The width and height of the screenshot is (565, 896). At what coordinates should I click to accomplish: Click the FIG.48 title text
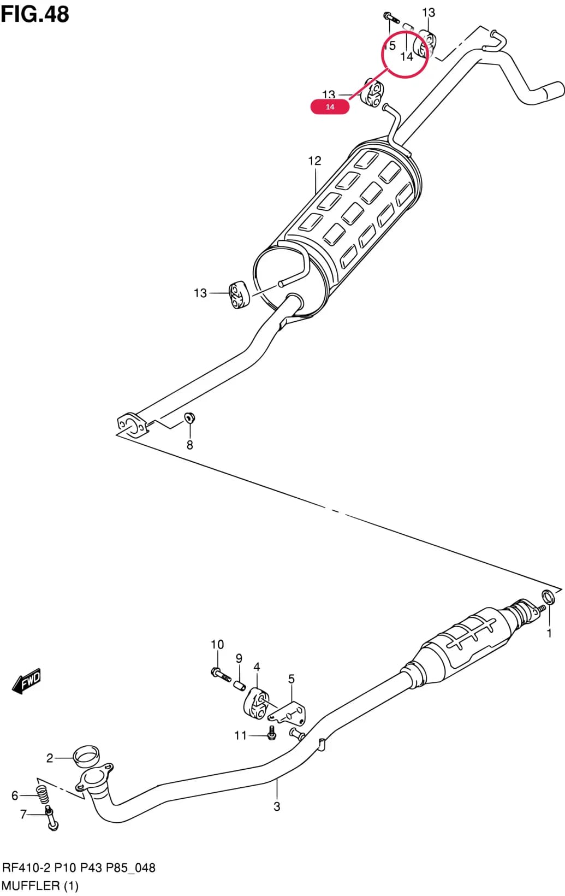tap(35, 14)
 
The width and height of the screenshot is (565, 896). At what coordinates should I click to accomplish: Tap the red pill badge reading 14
tap(330, 107)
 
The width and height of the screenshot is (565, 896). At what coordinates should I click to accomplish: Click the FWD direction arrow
tap(26, 680)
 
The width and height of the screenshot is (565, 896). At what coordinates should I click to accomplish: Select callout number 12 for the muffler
tap(314, 161)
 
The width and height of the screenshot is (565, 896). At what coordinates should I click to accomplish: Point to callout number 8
tap(190, 445)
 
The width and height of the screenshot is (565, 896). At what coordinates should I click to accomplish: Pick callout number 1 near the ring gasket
tap(549, 633)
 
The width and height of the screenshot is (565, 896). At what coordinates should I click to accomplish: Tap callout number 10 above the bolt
tap(217, 644)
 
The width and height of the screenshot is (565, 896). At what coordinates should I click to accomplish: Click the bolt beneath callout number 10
tap(221, 674)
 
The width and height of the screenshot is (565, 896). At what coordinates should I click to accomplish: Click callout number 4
tap(257, 667)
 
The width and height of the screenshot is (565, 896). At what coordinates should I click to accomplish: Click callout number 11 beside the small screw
tap(241, 735)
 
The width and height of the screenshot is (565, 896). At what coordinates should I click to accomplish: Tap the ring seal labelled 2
tap(86, 756)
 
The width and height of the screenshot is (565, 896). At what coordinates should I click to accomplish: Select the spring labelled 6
tap(43, 794)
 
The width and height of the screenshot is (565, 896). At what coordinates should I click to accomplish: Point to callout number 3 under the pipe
tap(277, 806)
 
